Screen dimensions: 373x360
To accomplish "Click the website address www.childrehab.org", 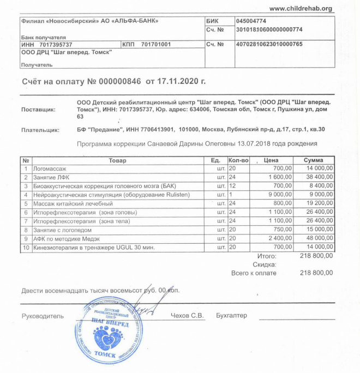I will pyautogui.click(x=301, y=8).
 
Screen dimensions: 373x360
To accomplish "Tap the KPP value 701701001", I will pyautogui.click(x=156, y=44).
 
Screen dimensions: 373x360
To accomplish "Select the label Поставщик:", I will pyautogui.click(x=38, y=109).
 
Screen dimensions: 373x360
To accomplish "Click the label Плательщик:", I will pyautogui.click(x=40, y=130).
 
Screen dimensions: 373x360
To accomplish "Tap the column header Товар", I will pyautogui.click(x=117, y=160).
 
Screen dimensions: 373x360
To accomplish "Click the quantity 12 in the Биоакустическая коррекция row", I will pyautogui.click(x=232, y=186).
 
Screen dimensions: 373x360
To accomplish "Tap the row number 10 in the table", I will pyautogui.click(x=26, y=247).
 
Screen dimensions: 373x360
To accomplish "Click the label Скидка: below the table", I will pyautogui.click(x=264, y=264).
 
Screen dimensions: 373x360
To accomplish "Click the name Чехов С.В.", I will pyautogui.click(x=187, y=316).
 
